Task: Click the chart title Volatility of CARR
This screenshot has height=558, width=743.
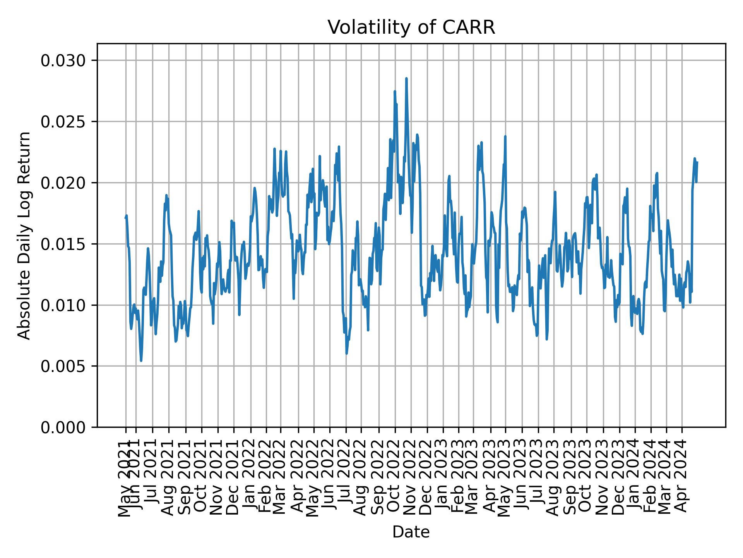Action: point(411,28)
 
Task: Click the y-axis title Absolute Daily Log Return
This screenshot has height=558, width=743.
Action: point(25,235)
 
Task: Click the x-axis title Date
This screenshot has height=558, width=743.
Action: point(411,532)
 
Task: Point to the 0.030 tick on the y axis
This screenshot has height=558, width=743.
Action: point(63,61)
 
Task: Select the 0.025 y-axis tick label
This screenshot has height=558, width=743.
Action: point(63,122)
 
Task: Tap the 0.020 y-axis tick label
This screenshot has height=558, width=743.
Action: point(63,183)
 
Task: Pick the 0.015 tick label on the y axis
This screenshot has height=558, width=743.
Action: point(63,244)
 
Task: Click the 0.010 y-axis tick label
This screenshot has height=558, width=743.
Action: point(63,305)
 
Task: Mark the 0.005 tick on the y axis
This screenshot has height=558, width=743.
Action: point(63,366)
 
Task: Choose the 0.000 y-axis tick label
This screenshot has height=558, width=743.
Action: point(63,427)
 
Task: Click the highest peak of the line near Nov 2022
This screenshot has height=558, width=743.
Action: point(406,78)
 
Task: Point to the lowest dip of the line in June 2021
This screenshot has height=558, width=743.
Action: point(141,361)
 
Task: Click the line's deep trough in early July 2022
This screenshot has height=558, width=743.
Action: point(347,353)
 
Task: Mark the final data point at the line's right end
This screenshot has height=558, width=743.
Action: point(697,162)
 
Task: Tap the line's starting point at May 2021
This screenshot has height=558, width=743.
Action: point(125,218)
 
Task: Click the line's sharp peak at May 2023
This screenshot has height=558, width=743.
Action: point(505,136)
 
